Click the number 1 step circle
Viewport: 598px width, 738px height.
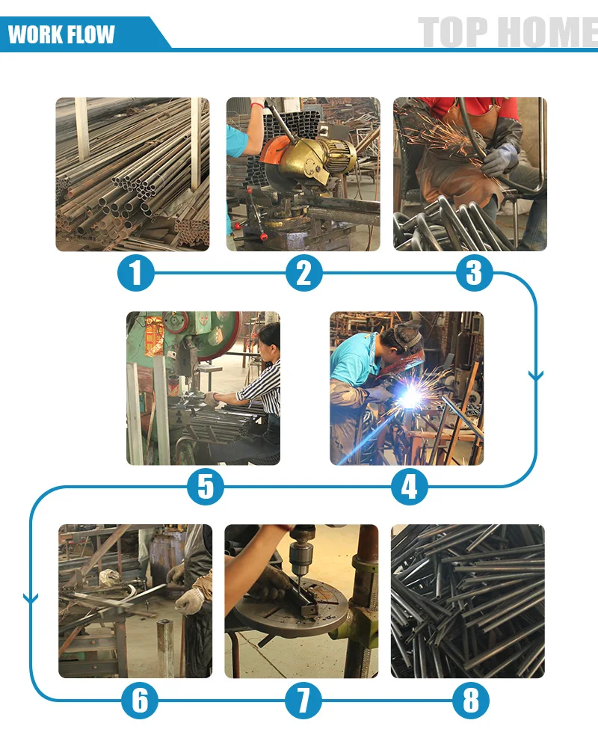pos(136,273)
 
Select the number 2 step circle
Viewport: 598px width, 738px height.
pos(304,273)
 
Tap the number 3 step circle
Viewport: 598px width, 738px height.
pos(474,273)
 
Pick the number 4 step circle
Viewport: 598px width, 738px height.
pos(410,487)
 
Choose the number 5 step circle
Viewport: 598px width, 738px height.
pos(206,487)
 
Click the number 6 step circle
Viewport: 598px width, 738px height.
pos(140,701)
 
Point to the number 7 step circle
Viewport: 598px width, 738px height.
pos(303,701)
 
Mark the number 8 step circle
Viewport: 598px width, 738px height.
pos(470,701)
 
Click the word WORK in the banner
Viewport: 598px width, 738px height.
pos(35,34)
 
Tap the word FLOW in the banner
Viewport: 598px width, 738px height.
pos(90,34)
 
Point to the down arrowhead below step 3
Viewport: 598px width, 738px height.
pos(535,375)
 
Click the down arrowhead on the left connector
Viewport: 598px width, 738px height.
pos(31,599)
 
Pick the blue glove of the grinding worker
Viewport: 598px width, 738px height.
pos(500,159)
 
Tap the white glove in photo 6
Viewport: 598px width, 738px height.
pos(190,600)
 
